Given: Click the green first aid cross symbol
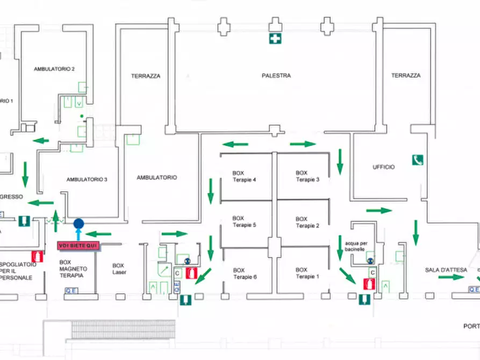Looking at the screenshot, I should [275, 38].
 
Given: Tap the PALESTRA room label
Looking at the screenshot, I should [276, 76].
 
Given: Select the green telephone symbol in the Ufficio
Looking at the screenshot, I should [418, 160].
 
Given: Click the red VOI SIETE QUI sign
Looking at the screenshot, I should [78, 246].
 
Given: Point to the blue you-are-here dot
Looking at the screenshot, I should [78, 224].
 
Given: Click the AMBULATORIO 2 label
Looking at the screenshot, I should [54, 69].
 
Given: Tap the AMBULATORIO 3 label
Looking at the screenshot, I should [87, 179].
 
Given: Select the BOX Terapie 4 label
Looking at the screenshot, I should [243, 176].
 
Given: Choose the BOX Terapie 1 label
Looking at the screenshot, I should [307, 273].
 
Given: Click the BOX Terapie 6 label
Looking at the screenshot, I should [244, 273].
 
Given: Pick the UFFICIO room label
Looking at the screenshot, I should [384, 167].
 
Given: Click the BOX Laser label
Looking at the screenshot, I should [119, 269].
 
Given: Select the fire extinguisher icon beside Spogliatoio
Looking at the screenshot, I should [37, 256].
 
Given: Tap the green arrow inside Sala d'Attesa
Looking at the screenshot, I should [450, 277].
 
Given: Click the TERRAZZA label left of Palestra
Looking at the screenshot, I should [146, 76].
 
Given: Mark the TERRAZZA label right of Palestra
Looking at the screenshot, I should [406, 76].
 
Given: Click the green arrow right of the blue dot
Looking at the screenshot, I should [98, 234].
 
